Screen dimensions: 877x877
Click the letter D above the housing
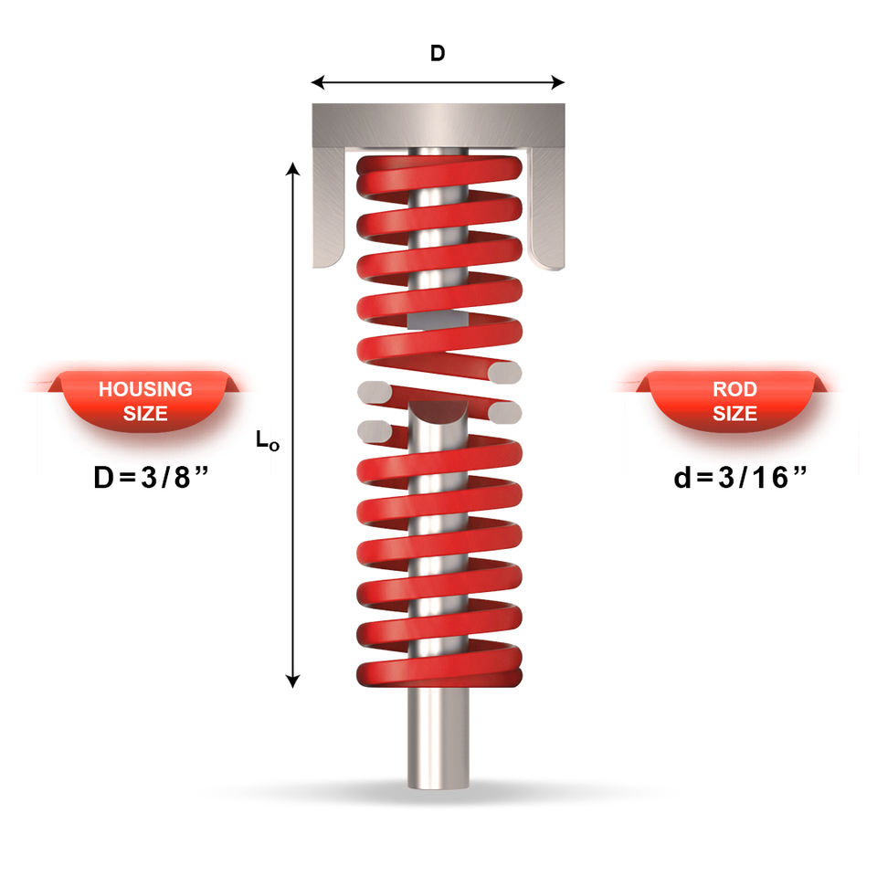click(x=438, y=53)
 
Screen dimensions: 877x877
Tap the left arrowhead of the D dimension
click(x=318, y=83)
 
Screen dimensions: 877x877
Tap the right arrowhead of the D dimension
click(x=557, y=83)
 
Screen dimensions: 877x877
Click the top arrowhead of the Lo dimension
click(x=292, y=168)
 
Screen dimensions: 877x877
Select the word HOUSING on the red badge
click(x=145, y=389)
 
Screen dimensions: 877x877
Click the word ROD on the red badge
click(x=734, y=389)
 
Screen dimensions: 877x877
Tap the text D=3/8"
click(x=151, y=477)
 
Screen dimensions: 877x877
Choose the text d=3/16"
click(x=740, y=477)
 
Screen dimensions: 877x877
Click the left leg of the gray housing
click(x=328, y=207)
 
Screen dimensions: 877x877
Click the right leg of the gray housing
click(x=547, y=208)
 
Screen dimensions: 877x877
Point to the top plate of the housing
click(x=438, y=125)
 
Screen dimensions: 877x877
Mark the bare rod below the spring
click(x=438, y=737)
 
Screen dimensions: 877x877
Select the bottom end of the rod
click(x=438, y=787)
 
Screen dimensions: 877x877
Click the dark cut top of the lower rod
click(x=438, y=412)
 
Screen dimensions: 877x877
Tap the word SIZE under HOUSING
click(x=145, y=413)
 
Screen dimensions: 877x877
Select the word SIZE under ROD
click(x=734, y=413)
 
